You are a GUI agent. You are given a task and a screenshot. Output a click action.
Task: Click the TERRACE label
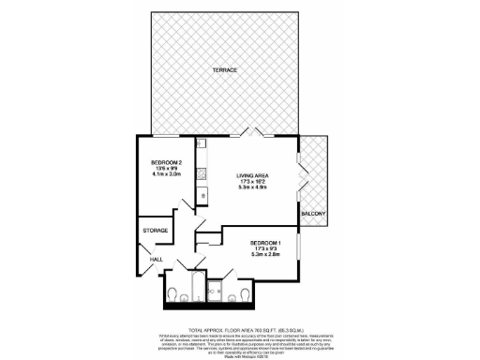tap(222, 71)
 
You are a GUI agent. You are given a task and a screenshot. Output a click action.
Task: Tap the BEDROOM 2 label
tap(165, 162)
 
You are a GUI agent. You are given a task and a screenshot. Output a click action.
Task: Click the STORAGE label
tap(156, 230)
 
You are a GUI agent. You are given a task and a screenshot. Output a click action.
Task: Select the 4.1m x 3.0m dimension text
tap(165, 175)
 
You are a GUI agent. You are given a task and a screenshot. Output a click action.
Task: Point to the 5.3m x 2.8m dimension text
tap(267, 254)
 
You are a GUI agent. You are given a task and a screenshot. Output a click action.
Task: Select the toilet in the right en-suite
tap(245, 296)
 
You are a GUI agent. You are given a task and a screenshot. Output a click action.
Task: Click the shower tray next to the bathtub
tap(217, 292)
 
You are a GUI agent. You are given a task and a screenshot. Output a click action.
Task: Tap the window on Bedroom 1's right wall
tap(299, 248)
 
